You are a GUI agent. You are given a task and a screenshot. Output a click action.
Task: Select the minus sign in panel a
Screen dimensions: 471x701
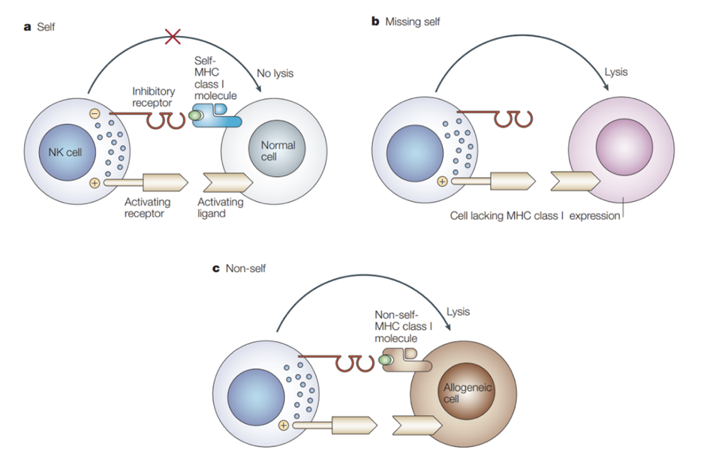(x=95, y=114)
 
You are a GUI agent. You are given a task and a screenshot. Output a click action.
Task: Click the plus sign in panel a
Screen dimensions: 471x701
(x=95, y=183)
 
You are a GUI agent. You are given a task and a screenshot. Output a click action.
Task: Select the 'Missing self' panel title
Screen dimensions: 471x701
(x=412, y=22)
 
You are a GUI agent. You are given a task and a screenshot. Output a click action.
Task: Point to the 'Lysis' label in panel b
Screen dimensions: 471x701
(x=616, y=73)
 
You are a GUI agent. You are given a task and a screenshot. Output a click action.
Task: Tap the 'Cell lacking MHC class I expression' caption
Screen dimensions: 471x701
(x=534, y=216)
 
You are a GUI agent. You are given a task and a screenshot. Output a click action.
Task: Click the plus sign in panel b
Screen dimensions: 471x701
(x=442, y=181)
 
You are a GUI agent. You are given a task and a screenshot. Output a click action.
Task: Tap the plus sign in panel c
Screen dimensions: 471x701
(x=284, y=425)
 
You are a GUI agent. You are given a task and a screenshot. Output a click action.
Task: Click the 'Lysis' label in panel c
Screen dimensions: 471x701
(x=458, y=311)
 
